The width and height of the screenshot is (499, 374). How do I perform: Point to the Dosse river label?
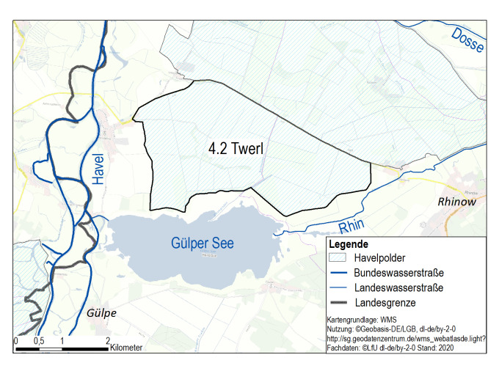[x=468, y=40]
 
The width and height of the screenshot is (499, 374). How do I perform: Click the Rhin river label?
[x=352, y=226]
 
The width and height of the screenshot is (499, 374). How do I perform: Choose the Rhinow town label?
[x=456, y=202]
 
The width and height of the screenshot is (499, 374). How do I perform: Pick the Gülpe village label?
[x=101, y=313]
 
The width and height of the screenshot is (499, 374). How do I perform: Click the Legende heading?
[x=349, y=244]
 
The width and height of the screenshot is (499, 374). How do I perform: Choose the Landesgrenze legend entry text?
[x=385, y=301]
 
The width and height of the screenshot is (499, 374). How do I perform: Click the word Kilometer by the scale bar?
[x=126, y=348]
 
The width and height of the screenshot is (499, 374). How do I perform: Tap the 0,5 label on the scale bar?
[x=39, y=341]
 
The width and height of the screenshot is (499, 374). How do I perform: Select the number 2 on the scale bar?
[x=108, y=341]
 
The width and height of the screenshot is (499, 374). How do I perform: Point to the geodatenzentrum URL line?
[x=406, y=340]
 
